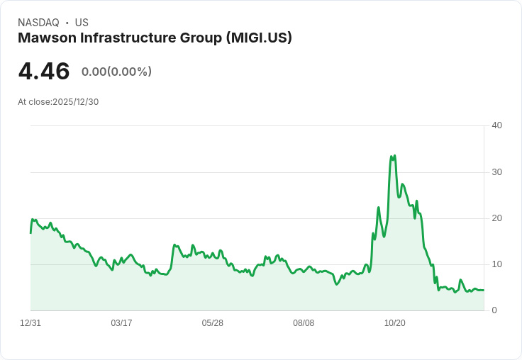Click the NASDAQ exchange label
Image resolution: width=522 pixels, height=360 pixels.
38,23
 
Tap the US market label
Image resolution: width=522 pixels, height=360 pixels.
82,23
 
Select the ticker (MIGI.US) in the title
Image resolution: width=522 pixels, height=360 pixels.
259,38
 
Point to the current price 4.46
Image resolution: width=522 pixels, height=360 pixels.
44,72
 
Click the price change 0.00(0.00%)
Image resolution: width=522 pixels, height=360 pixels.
116,72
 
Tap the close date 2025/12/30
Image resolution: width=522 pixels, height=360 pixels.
75,102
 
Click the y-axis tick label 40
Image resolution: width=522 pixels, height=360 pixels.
496,125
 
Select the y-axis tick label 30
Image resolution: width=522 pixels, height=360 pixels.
496,172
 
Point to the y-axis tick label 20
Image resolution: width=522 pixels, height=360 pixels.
496,218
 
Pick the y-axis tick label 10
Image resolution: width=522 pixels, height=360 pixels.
496,264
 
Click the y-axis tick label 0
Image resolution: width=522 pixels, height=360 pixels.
494,310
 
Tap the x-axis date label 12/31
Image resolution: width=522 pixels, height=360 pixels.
30,323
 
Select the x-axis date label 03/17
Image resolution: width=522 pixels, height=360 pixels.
121,323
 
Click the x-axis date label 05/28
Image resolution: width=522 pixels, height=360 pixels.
213,323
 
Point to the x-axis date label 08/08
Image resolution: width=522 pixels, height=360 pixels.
304,323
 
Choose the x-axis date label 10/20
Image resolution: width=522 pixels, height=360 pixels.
394,323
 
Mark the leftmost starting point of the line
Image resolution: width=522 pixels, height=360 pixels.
30,232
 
